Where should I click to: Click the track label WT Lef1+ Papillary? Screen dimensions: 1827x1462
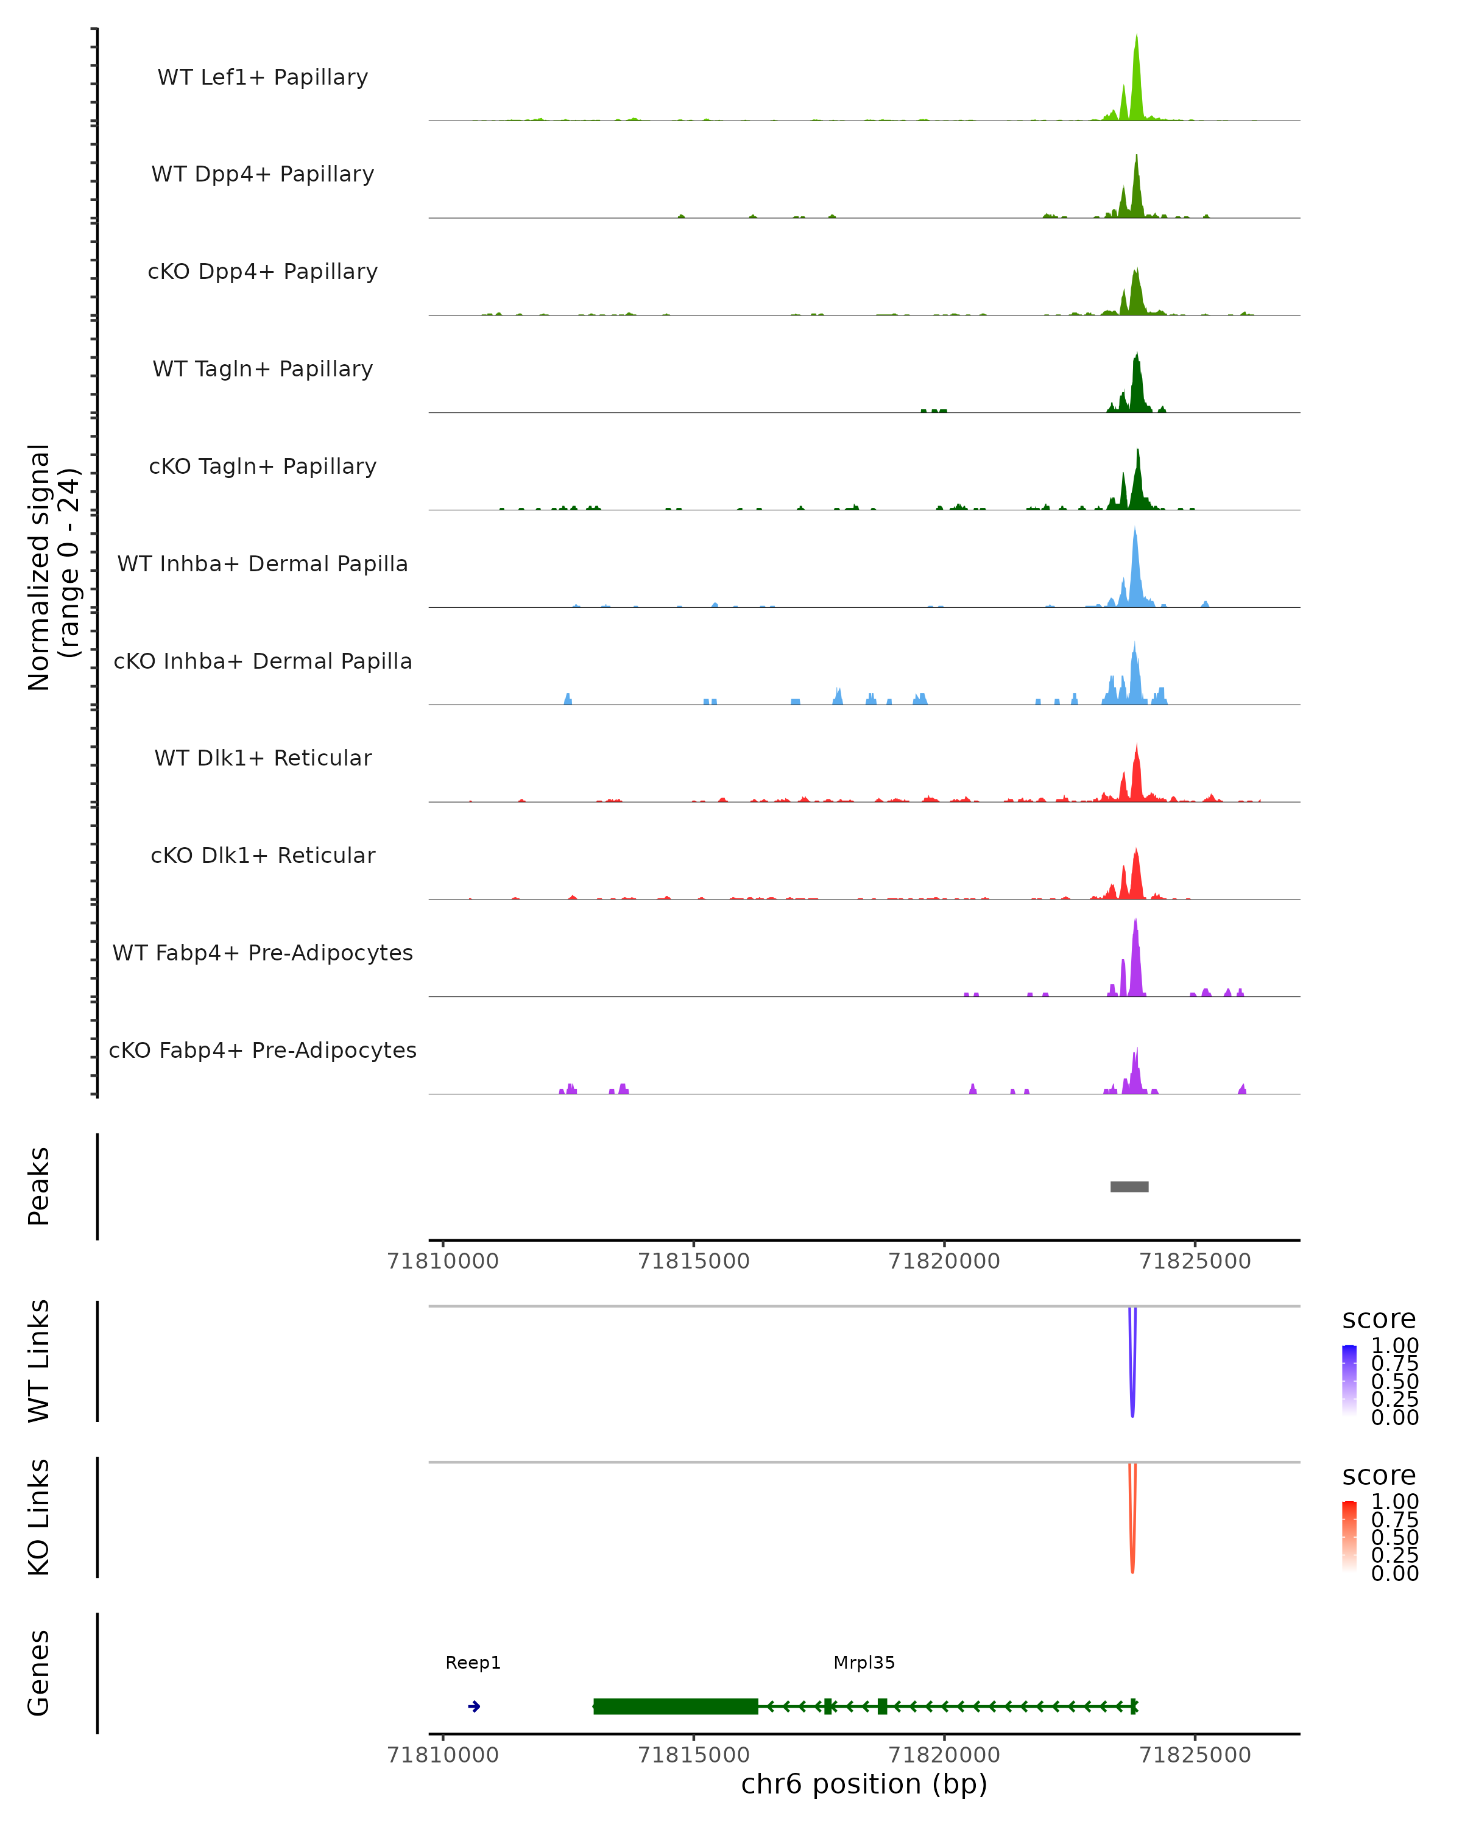(263, 77)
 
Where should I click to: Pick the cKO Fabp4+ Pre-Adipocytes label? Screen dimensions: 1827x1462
(263, 1050)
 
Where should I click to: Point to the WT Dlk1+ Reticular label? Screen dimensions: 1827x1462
(263, 758)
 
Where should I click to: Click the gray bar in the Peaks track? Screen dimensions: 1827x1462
(1129, 1186)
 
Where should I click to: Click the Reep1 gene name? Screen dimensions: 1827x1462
(473, 1663)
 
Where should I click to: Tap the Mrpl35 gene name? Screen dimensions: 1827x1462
(864, 1663)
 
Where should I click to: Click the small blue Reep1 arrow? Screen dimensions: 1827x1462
(475, 1706)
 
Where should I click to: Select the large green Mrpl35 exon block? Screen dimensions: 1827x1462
(676, 1706)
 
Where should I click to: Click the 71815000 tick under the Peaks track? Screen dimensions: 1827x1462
(693, 1261)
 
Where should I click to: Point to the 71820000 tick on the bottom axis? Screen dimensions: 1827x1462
(944, 1755)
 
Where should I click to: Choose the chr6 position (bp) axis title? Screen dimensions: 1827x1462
(864, 1784)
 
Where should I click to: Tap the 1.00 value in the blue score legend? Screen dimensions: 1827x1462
(1394, 1346)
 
